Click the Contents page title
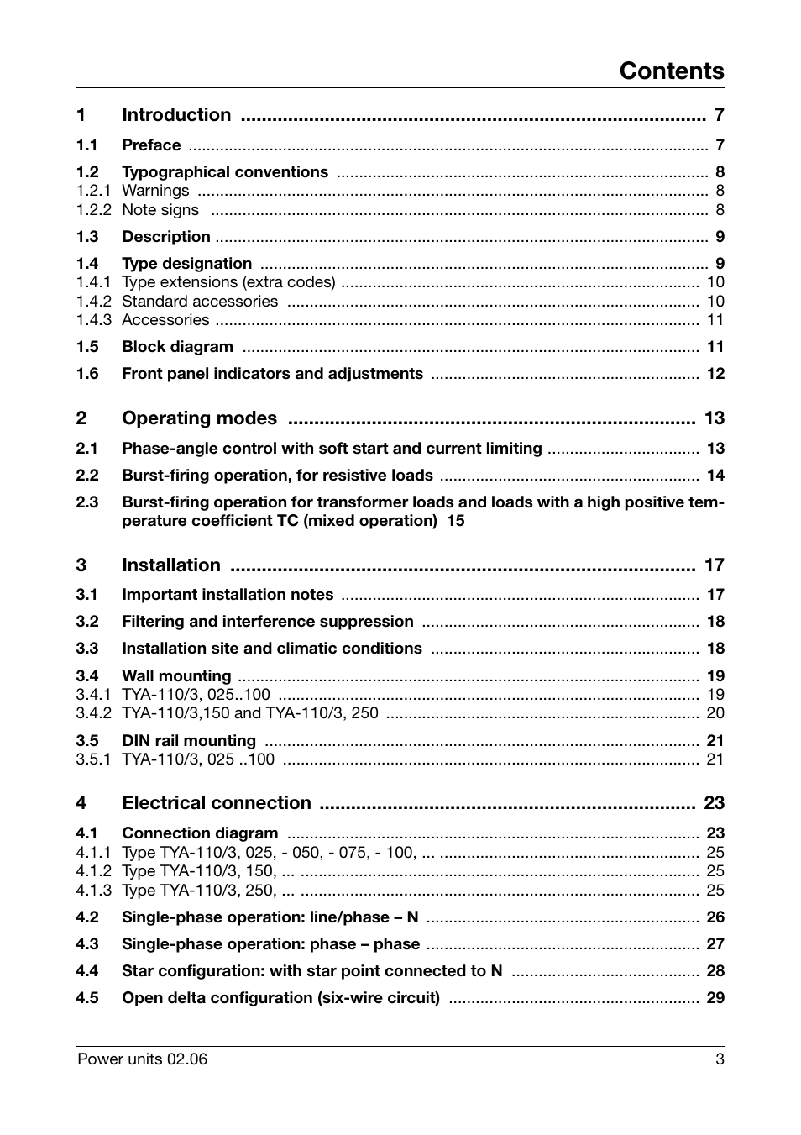[x=671, y=71]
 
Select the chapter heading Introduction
[x=176, y=115]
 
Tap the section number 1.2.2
[x=93, y=210]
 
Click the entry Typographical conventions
[x=225, y=172]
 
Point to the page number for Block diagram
[x=715, y=347]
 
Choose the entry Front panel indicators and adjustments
[x=272, y=374]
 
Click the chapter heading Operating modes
[x=199, y=418]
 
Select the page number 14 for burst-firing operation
[x=715, y=476]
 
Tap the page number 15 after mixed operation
[x=455, y=521]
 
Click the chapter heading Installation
[x=171, y=565]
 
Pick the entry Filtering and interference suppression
[x=267, y=622]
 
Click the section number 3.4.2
[x=93, y=713]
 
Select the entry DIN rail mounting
[x=189, y=741]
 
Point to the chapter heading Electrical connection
[x=217, y=803]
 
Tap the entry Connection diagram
[x=200, y=833]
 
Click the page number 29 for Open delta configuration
[x=715, y=998]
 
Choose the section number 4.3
[x=87, y=944]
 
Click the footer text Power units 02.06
[x=142, y=1059]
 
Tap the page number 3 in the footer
[x=719, y=1059]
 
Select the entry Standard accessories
[x=200, y=302]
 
